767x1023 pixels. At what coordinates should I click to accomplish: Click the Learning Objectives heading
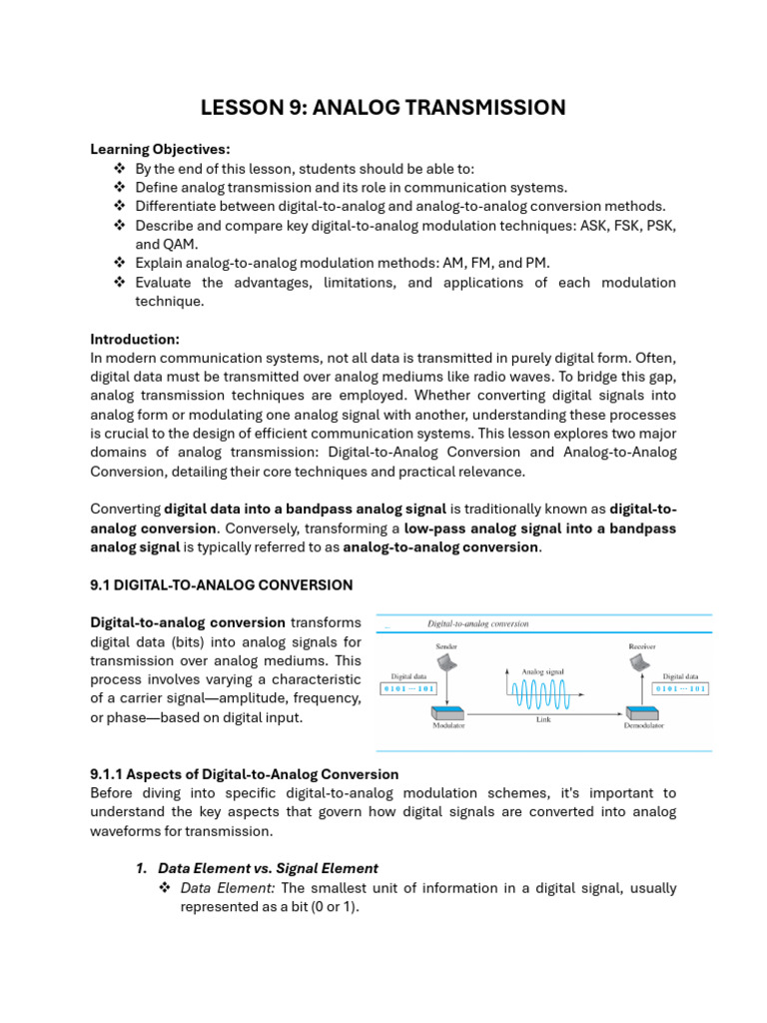(x=160, y=149)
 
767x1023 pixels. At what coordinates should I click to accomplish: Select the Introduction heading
(x=135, y=339)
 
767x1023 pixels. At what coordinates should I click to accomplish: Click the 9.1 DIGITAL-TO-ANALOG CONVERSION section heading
(x=221, y=584)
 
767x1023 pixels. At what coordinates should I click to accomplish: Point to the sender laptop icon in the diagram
(x=445, y=663)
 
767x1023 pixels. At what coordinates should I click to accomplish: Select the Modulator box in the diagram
(x=448, y=713)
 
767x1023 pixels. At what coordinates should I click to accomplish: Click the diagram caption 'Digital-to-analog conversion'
(x=478, y=623)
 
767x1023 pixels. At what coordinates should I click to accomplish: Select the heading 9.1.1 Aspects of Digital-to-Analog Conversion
(x=245, y=774)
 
